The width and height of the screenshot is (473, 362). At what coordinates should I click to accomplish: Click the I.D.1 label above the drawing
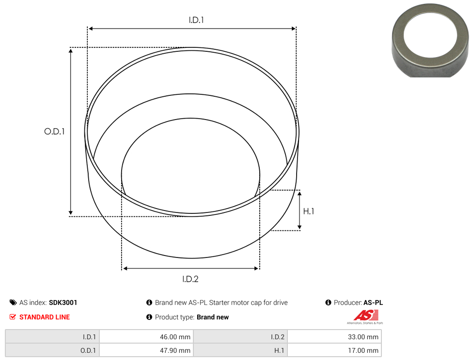(x=196, y=20)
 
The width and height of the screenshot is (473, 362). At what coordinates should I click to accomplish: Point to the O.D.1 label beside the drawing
(x=54, y=131)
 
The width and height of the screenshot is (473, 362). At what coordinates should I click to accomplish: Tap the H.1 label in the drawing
(x=309, y=211)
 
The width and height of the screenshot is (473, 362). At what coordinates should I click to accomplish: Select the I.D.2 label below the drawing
(x=190, y=279)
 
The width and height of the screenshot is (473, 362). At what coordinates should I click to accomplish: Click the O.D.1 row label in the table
(x=88, y=350)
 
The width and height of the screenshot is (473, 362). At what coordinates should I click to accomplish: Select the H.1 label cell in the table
(x=279, y=350)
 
